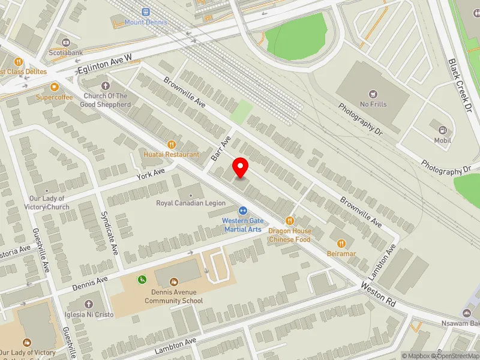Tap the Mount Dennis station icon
[x=146, y=12]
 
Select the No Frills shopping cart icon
[x=373, y=94]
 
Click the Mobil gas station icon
[x=442, y=130]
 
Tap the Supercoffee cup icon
[x=54, y=87]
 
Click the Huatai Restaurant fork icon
[x=171, y=144]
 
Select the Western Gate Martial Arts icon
[x=243, y=211]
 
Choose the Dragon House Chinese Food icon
[x=289, y=221]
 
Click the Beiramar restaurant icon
[x=341, y=243]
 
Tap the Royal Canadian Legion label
[x=190, y=203]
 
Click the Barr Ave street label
[x=221, y=148]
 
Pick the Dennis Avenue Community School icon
[x=174, y=281]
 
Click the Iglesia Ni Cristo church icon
[x=89, y=304]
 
